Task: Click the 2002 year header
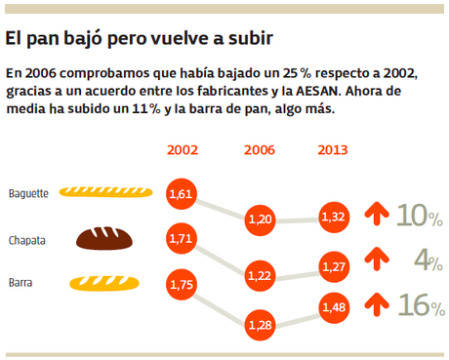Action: tap(183, 150)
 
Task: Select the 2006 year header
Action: tap(259, 150)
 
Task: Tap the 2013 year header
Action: tap(334, 150)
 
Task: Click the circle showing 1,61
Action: tap(182, 195)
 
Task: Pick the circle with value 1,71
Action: tap(182, 238)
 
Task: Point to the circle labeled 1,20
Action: tap(259, 219)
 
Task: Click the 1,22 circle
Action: tap(259, 276)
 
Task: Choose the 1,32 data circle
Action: tap(334, 216)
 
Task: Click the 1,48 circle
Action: tap(334, 308)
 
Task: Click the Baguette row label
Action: tap(28, 193)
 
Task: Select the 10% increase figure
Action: tap(418, 216)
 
